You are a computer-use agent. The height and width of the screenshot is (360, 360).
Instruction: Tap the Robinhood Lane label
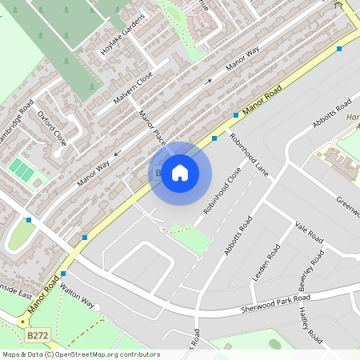coord(249,154)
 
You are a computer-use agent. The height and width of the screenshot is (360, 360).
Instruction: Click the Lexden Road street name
coord(266,262)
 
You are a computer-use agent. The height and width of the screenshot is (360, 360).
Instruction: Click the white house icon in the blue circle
coord(180,173)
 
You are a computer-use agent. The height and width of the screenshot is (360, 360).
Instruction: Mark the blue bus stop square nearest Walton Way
coord(63,274)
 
